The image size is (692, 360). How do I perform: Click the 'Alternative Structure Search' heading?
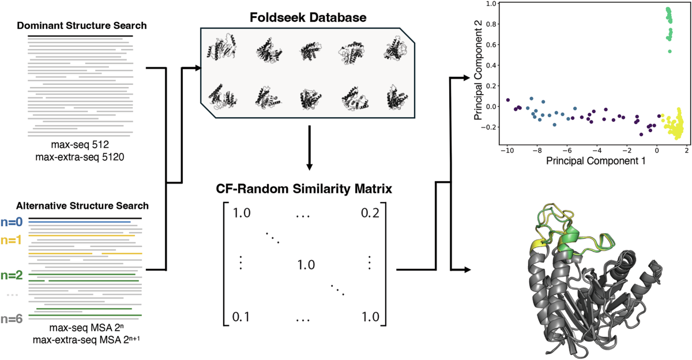pos(83,205)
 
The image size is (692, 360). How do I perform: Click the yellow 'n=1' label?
pos(12,239)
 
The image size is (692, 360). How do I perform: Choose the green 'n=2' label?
pos(12,275)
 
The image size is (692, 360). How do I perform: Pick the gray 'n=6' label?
pos(12,318)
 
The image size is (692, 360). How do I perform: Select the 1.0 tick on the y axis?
pos(491,3)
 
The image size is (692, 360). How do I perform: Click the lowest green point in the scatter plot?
pos(670,51)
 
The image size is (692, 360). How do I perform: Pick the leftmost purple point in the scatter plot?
pos(508,100)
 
